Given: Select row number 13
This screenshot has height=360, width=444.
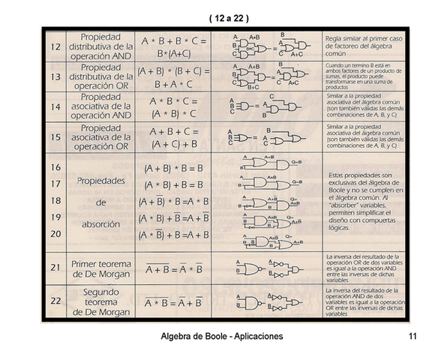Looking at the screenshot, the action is pos(55,77).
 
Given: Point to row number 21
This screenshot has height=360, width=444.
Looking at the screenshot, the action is pos(55,266).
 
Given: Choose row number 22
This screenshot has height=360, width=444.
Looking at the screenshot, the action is pos(55,302).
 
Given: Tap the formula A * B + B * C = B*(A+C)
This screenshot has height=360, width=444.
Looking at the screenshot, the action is pos(173,46).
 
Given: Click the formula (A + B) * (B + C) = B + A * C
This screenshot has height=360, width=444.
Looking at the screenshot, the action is pos(173,77).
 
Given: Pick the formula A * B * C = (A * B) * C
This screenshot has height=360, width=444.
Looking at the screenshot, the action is pos(173,107).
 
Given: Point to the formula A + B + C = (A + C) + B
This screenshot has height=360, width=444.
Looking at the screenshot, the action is pos(173,137).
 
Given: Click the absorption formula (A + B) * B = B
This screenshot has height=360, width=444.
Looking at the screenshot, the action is pos(173,169).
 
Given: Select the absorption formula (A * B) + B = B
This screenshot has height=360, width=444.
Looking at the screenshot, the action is pos(173,185).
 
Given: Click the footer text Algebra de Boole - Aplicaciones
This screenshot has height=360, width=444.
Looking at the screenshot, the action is pos(222,337).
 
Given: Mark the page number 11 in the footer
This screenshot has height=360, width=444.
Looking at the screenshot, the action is pos(413,337).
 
